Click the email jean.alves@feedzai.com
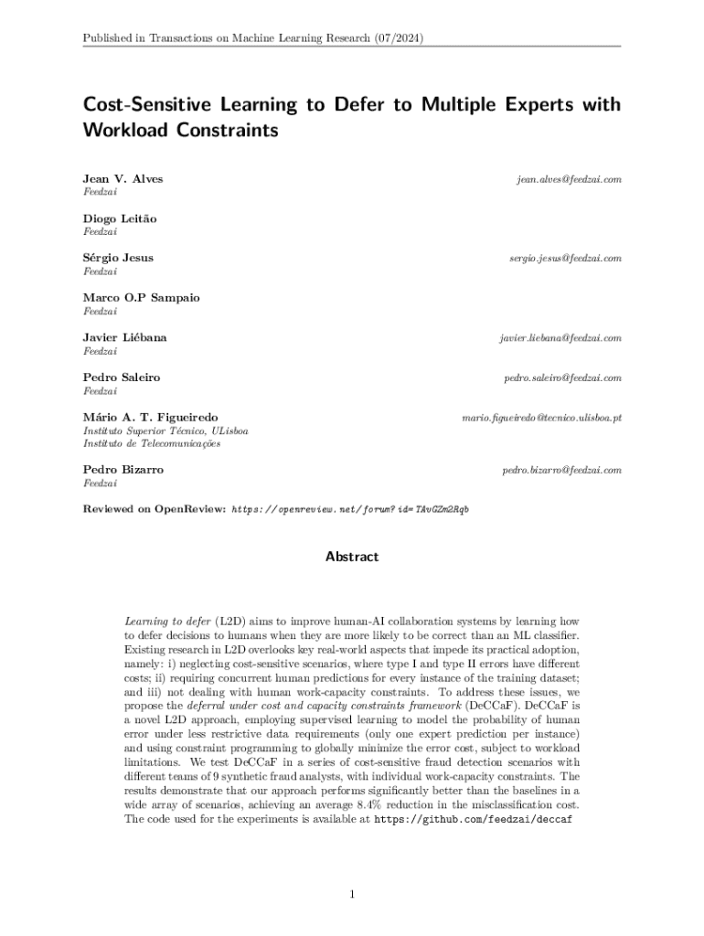coord(568,179)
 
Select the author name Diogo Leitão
coord(120,218)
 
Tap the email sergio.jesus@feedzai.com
coord(565,259)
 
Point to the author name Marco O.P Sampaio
coord(141,298)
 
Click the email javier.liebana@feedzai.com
coord(560,338)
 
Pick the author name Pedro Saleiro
coord(121,378)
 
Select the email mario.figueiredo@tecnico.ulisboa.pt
coord(542,418)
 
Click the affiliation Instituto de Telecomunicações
coord(152,444)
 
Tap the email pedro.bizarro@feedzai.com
coord(561,471)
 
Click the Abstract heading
coord(352,557)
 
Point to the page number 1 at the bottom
coord(352,894)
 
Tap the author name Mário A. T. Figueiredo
coord(150,417)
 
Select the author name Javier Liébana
coord(124,338)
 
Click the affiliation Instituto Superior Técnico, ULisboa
coord(165,431)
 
